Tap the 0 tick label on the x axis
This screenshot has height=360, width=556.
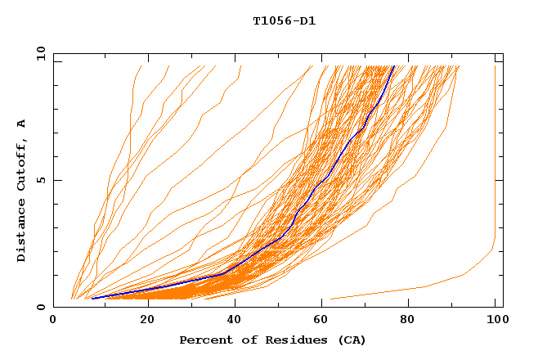click(x=53, y=322)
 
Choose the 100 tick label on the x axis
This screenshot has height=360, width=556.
click(x=495, y=322)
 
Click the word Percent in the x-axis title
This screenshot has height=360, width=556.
click(x=204, y=340)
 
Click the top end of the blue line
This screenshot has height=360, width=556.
click(x=393, y=67)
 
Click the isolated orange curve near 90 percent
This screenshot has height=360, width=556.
click(x=425, y=286)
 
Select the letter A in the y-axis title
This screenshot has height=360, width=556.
click(x=22, y=123)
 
